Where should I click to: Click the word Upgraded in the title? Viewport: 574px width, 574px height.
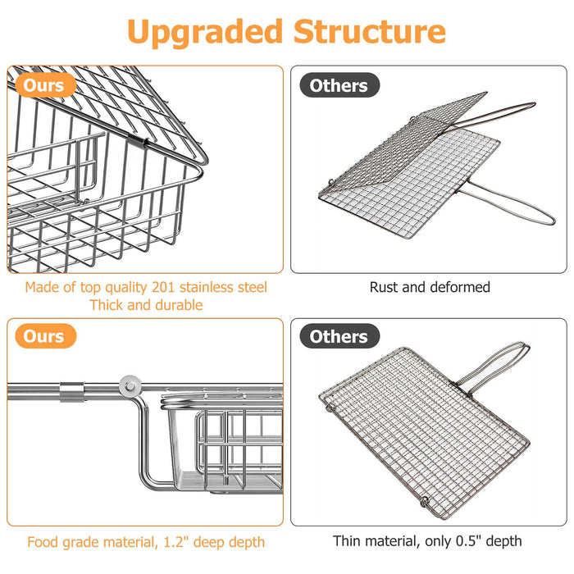tap(205, 33)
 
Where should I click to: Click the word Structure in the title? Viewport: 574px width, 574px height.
tap(370, 31)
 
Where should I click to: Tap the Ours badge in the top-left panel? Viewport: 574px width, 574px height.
tap(45, 85)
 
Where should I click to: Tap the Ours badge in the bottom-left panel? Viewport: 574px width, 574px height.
tap(45, 336)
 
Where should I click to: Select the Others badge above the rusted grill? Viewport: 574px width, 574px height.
tap(339, 85)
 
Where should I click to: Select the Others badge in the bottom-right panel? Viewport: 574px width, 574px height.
tap(339, 336)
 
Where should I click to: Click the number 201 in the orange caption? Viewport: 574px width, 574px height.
tap(163, 287)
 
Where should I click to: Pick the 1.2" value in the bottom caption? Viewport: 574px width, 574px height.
tap(176, 542)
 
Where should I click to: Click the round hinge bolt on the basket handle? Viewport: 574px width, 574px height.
tap(130, 386)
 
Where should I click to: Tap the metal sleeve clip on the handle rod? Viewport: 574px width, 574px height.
tap(72, 392)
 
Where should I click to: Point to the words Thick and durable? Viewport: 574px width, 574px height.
tap(146, 305)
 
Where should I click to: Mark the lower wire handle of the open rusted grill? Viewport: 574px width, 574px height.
tap(505, 203)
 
